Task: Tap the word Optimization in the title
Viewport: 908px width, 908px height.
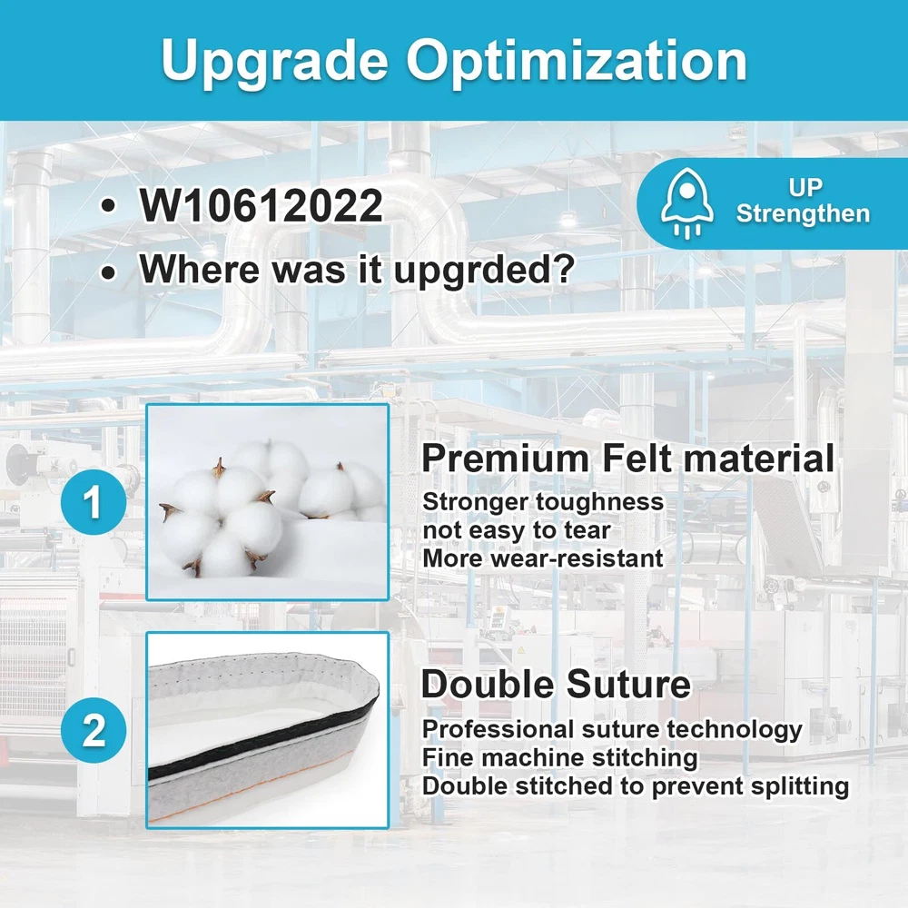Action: click(x=577, y=60)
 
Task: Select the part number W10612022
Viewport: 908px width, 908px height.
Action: click(x=261, y=205)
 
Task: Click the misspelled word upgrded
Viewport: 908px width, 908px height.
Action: click(x=484, y=270)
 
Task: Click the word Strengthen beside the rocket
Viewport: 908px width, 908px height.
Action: click(x=803, y=213)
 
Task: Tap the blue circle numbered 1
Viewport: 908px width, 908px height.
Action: click(x=94, y=502)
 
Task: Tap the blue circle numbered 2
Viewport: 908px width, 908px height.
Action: click(x=94, y=730)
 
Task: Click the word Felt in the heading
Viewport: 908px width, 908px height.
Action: click(x=637, y=459)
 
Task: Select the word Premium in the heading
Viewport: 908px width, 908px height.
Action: click(x=505, y=459)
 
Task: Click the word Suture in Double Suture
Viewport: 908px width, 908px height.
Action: click(x=628, y=685)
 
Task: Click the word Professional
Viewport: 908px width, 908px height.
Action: click(x=498, y=730)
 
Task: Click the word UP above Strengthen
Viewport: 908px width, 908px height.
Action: click(x=804, y=188)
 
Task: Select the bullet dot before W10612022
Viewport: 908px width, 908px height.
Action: click(x=108, y=207)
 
